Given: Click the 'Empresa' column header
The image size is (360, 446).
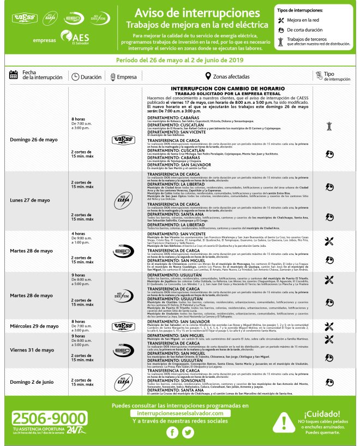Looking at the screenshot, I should pos(127,77).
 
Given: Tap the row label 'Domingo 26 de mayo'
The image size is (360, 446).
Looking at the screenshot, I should pos(34,139).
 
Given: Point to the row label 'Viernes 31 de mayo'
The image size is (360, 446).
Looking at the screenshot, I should pos(32,350).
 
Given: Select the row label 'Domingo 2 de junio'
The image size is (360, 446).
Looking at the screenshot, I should pos(32,381).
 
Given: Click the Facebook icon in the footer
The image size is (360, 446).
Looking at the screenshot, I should pos(172,432).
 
